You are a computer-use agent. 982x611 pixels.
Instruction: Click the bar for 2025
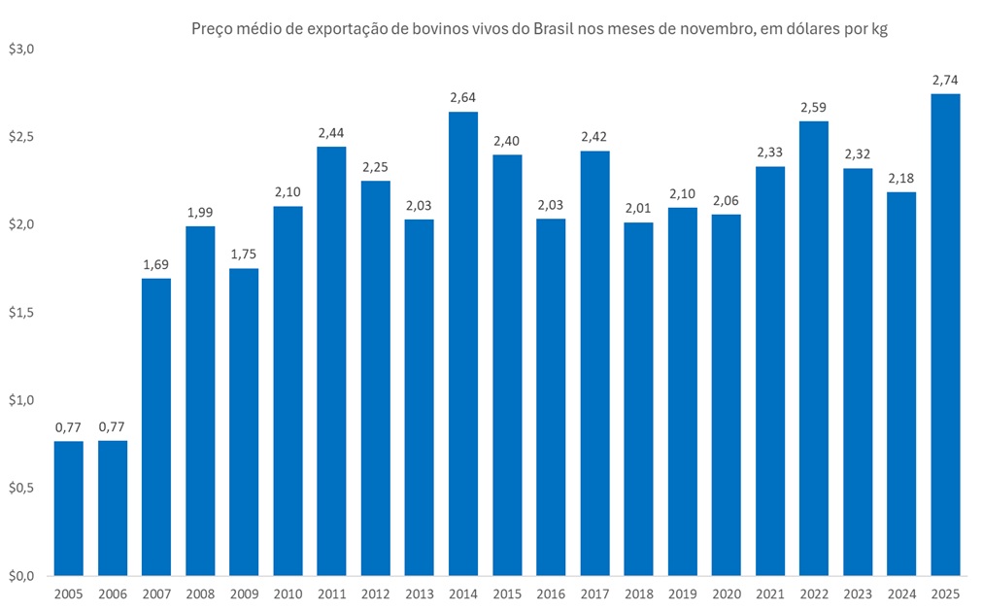pos(945,335)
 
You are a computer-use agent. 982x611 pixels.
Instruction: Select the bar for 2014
pos(463,344)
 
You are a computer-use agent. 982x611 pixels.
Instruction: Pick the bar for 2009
pos(244,422)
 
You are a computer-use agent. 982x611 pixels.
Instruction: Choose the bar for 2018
pos(638,399)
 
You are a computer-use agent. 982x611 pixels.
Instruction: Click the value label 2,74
pos(945,80)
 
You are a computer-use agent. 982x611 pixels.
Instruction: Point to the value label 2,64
pos(463,97)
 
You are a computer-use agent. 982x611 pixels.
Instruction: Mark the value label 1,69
pos(156,264)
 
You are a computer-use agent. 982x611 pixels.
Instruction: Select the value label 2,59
pos(814,107)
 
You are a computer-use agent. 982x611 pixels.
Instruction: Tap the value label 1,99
pos(200,212)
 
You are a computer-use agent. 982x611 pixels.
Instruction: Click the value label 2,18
pos(901,178)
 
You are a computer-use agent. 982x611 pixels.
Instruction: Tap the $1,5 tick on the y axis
pos(21,313)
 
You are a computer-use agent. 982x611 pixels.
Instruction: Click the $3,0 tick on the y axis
pos(21,49)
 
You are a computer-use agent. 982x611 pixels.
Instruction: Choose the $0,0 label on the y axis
pos(21,576)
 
